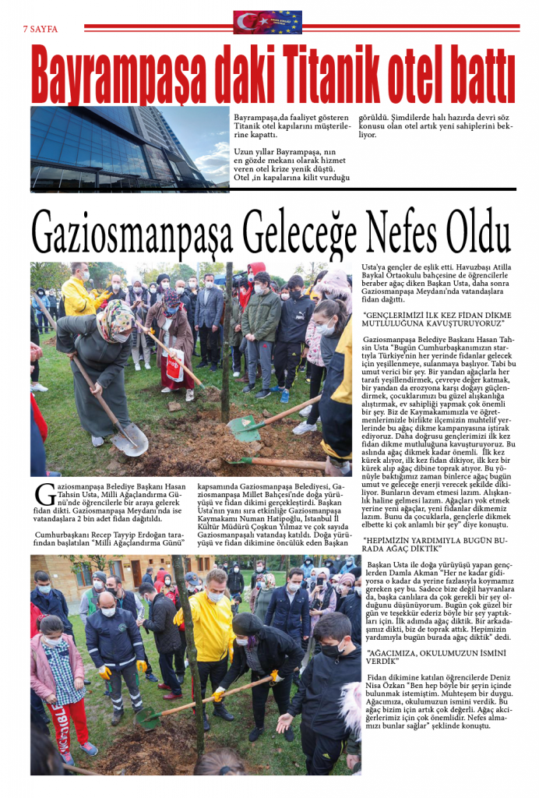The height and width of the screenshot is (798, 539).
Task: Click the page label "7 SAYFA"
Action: pyautogui.click(x=41, y=29)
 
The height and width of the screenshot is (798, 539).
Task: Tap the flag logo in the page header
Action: pyautogui.click(x=267, y=22)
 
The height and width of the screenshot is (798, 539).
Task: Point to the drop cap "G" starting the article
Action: pyautogui.click(x=42, y=493)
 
